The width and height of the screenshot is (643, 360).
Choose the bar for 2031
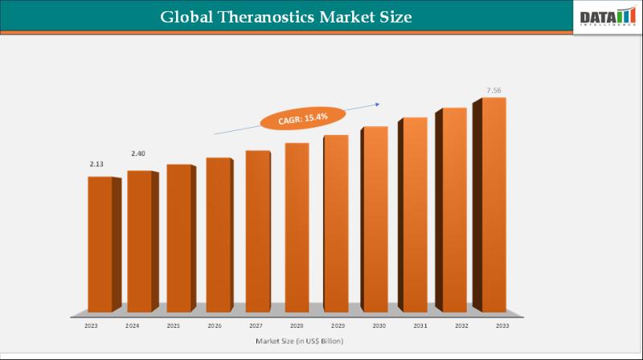[x=415, y=214]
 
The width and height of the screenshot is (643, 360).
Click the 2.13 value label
[x=96, y=164]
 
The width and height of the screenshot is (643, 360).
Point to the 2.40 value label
[x=138, y=153]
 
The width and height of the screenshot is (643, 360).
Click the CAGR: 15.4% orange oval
[x=297, y=118]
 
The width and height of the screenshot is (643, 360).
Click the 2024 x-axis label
[x=132, y=325]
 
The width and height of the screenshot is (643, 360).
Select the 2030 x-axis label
[x=378, y=325]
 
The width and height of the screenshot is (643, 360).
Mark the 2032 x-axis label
[x=461, y=325]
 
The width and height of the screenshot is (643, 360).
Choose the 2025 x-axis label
[x=173, y=325]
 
